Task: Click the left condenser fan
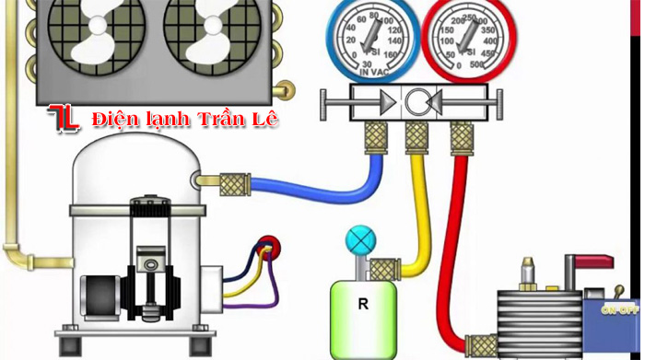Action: pyautogui.click(x=99, y=39)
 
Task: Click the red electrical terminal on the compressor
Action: pyautogui.click(x=269, y=246)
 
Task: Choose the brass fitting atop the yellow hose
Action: pyautogui.click(x=417, y=138)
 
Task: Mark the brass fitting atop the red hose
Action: pyautogui.click(x=462, y=138)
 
